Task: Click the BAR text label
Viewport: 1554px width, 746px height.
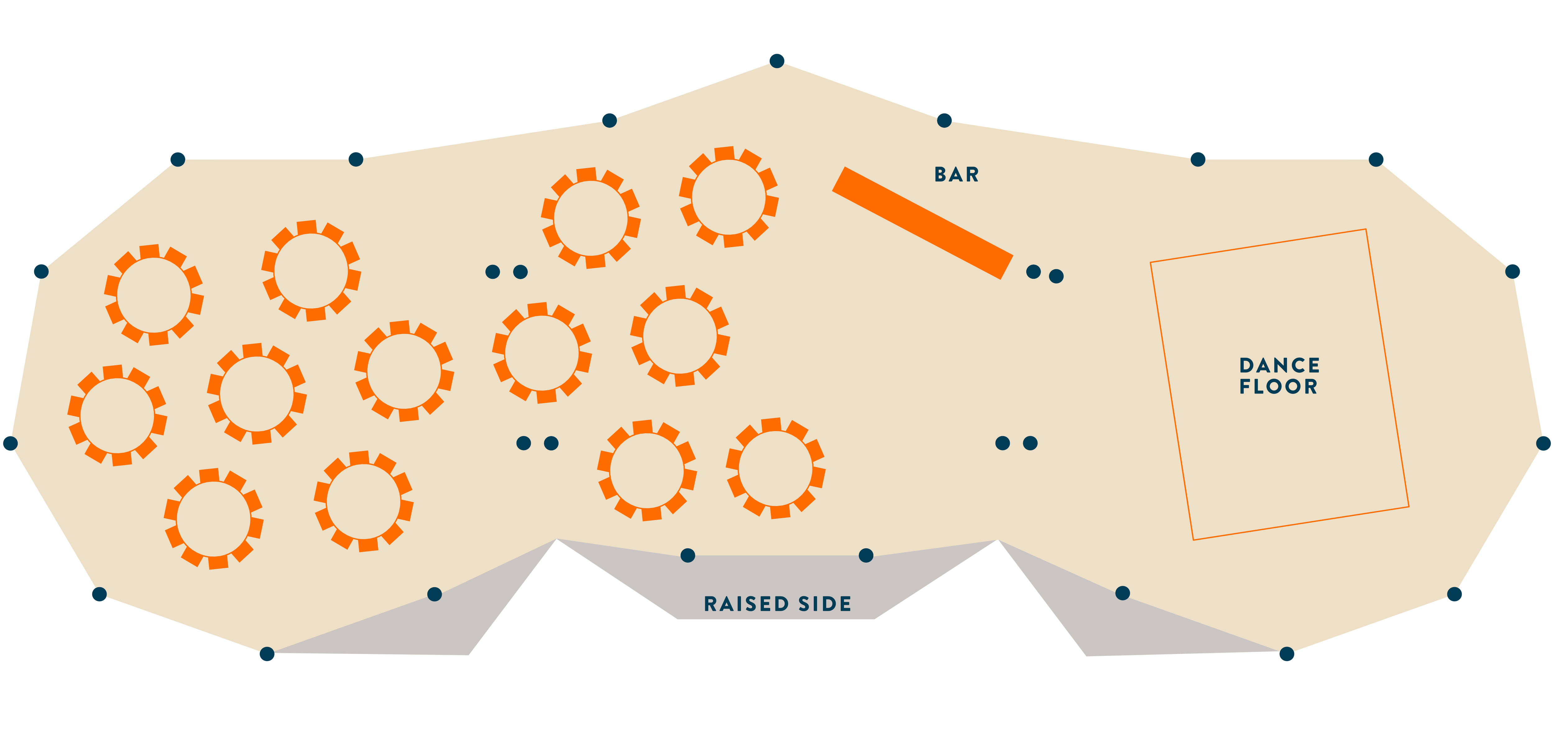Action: (x=956, y=174)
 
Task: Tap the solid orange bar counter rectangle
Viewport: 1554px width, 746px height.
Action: (x=922, y=223)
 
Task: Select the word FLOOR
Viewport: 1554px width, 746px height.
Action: (x=1278, y=386)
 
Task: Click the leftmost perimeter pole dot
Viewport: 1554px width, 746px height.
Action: (x=10, y=444)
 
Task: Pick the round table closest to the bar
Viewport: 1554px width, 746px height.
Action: (x=729, y=197)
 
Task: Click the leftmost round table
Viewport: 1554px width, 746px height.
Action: (x=117, y=415)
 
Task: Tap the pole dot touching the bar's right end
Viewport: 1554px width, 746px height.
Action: (x=1033, y=272)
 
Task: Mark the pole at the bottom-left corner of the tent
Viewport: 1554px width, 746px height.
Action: (x=267, y=654)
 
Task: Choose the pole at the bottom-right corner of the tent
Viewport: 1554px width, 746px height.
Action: (x=1286, y=654)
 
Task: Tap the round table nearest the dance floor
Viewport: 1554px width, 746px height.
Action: (x=775, y=468)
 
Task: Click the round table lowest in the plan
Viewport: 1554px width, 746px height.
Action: (x=214, y=519)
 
